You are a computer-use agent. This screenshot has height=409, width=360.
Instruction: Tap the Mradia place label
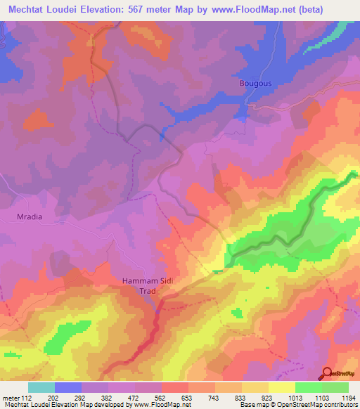(x=29, y=216)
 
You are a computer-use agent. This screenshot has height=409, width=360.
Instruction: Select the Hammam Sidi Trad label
(x=151, y=285)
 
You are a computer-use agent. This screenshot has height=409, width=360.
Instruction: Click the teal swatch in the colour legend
(x=41, y=387)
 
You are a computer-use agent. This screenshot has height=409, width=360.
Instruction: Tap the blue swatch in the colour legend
(x=68, y=387)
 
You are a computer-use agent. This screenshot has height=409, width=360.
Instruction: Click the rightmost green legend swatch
(x=335, y=387)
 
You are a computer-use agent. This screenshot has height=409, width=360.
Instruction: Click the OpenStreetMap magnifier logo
(x=327, y=373)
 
